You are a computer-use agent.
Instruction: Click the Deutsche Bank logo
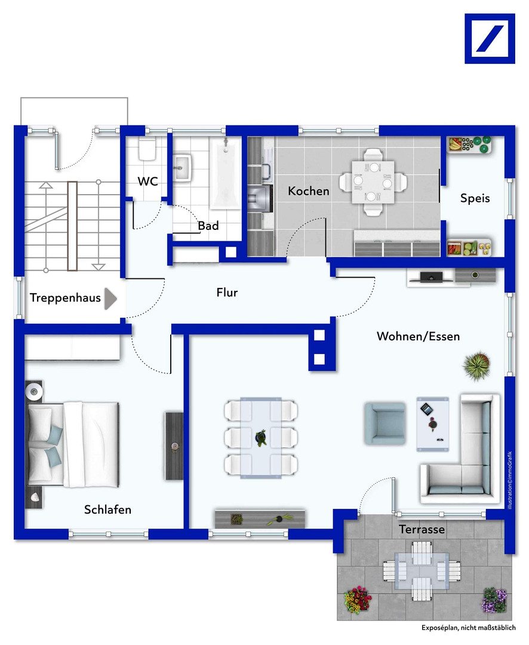490,39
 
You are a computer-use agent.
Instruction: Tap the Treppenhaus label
65,297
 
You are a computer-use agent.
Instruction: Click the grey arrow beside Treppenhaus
110,299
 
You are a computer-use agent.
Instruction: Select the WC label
147,182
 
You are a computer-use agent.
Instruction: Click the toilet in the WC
147,149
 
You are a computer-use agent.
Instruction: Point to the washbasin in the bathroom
182,167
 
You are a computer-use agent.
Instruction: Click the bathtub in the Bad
226,173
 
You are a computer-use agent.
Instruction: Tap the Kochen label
309,191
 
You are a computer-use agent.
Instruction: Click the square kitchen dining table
373,182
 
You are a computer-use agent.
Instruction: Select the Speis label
475,198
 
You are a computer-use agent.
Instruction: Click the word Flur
227,293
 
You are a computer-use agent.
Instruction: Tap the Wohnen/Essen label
419,336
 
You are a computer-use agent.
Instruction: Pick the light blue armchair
385,423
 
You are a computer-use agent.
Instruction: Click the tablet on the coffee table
426,409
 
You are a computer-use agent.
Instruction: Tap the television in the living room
431,277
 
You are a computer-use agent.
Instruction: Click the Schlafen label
108,509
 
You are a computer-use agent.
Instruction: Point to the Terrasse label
422,529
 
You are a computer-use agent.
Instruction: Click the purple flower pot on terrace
494,600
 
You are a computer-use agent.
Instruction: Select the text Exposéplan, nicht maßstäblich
469,628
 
